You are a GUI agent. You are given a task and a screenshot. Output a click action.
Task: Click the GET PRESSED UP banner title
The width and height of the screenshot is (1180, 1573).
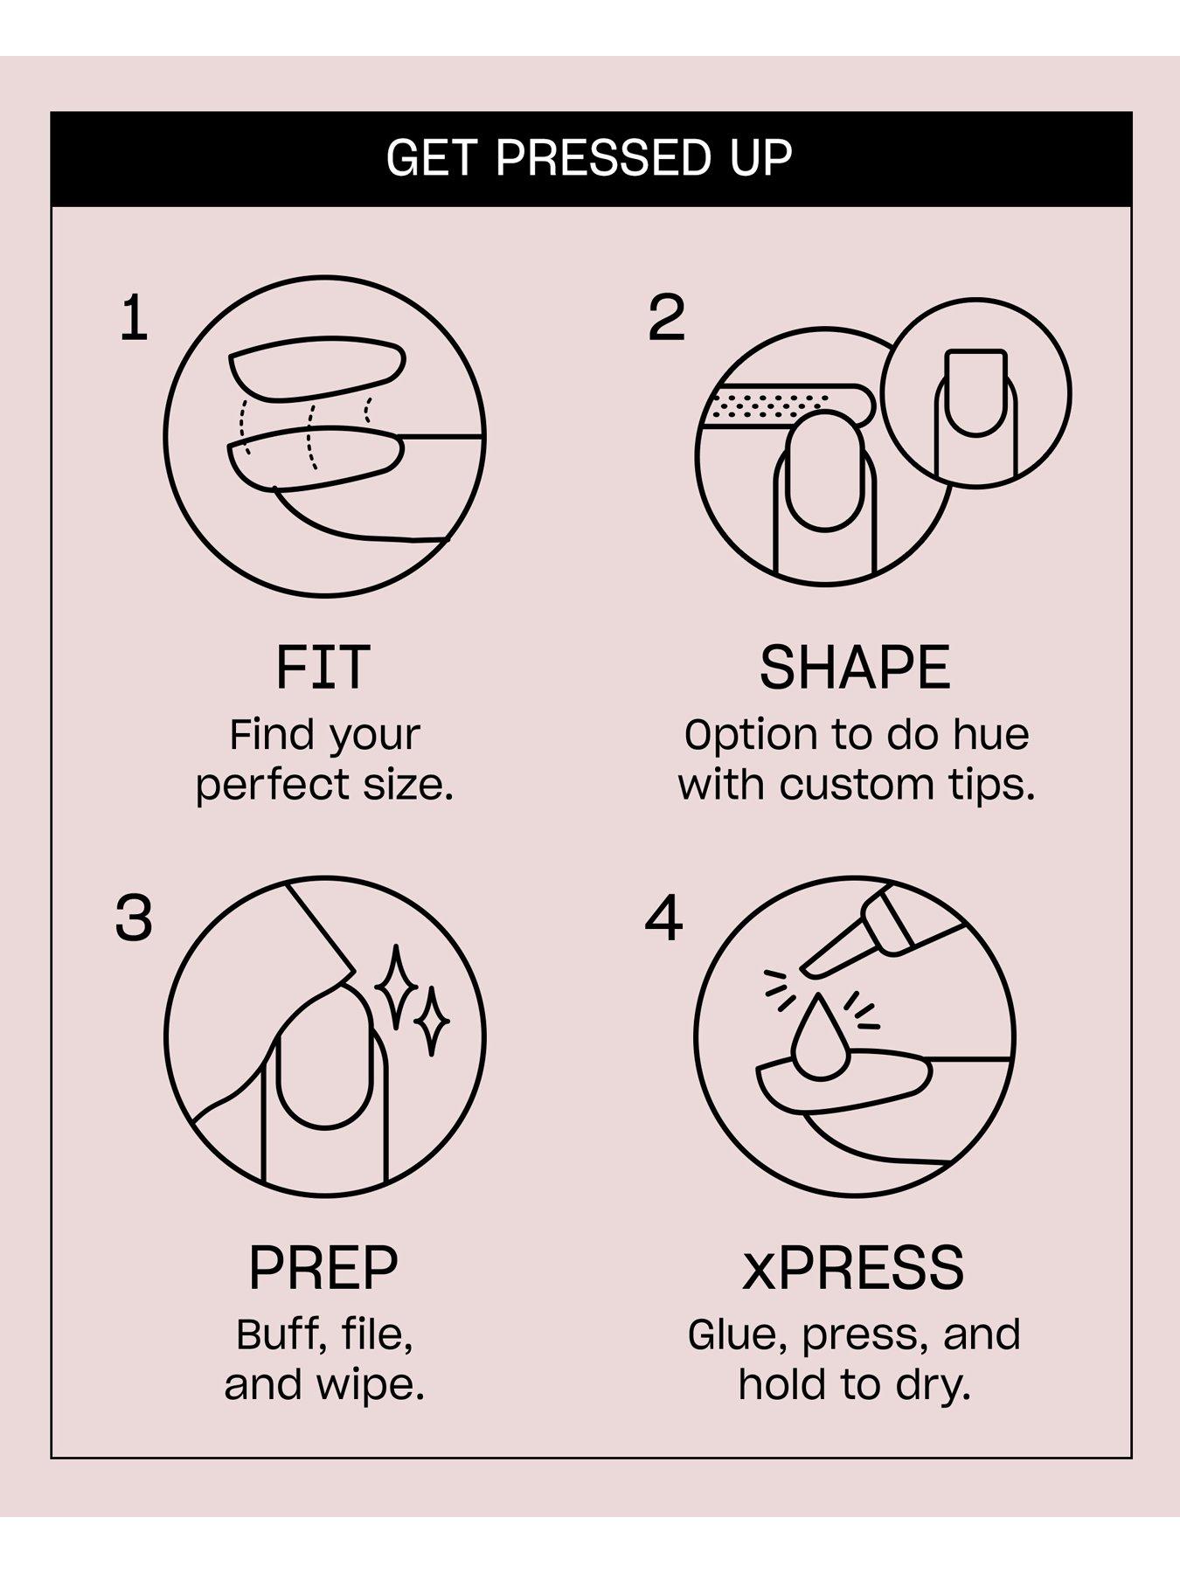coord(590,159)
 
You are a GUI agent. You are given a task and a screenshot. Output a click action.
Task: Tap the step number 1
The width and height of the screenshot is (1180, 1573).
coord(134,318)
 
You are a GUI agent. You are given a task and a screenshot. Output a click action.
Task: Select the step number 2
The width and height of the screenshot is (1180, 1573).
coord(666,318)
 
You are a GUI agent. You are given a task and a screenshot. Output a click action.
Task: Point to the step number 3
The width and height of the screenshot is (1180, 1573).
coord(134,918)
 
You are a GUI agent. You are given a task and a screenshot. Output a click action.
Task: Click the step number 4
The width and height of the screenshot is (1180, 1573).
coord(663,918)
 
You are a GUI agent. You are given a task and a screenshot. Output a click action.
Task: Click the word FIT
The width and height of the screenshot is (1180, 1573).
coord(323,668)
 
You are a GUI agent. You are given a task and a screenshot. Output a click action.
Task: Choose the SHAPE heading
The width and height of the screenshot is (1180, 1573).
coord(855,668)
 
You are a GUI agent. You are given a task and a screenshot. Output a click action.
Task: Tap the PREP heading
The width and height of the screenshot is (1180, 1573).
coord(323,1268)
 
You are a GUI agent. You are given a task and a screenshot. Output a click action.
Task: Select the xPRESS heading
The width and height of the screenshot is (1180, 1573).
coord(853,1268)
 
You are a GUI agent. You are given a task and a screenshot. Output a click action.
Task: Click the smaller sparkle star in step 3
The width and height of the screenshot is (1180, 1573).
coord(432,1020)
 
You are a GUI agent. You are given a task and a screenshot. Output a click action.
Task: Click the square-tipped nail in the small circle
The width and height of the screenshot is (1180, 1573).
coord(976,392)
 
